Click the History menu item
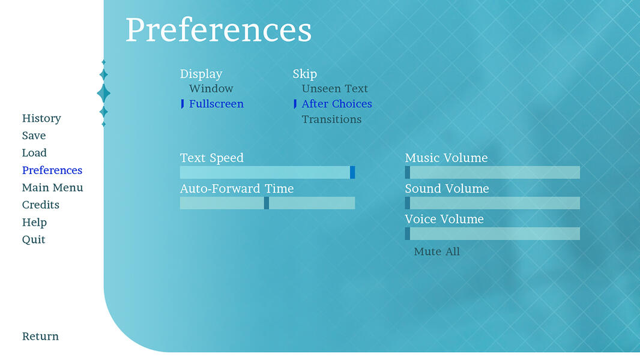(41, 118)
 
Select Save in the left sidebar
(34, 136)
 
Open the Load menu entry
(34, 153)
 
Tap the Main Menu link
(52, 188)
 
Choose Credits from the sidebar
(41, 205)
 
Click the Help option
(34, 223)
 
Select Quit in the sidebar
(34, 240)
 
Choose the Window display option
(211, 89)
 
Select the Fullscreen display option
(216, 104)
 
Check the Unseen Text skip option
(334, 89)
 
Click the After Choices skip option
(336, 104)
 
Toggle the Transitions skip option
(331, 119)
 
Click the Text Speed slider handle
(352, 173)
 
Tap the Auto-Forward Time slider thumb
(267, 203)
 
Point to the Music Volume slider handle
(408, 173)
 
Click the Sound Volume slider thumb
(408, 203)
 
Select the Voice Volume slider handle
(408, 234)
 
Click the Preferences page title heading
(219, 30)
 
